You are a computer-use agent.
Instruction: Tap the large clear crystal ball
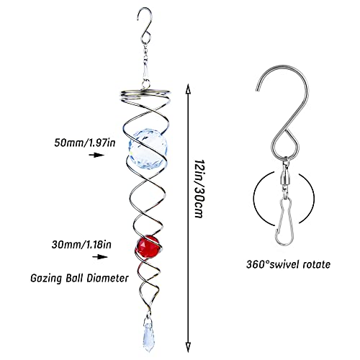[x=148, y=149]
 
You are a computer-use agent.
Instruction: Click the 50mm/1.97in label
[x=85, y=143]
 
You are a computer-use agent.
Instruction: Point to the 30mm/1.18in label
[x=81, y=245]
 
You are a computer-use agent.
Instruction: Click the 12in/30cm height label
[x=199, y=189]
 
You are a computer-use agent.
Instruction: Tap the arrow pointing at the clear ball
[x=96, y=155]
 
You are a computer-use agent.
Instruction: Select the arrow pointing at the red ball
[x=100, y=257]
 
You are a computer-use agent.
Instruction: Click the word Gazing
[x=46, y=279]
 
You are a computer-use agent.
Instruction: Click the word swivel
[x=284, y=264]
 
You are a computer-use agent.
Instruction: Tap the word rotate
[x=317, y=264]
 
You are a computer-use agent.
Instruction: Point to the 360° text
[x=258, y=264]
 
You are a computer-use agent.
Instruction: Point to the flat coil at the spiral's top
[x=145, y=94]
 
